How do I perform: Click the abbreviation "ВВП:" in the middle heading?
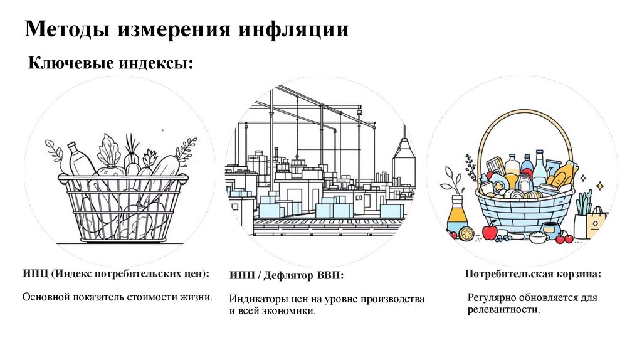[331, 275]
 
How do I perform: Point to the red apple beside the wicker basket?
[490, 233]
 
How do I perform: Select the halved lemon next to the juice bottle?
[466, 233]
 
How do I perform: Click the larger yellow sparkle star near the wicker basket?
[599, 186]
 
